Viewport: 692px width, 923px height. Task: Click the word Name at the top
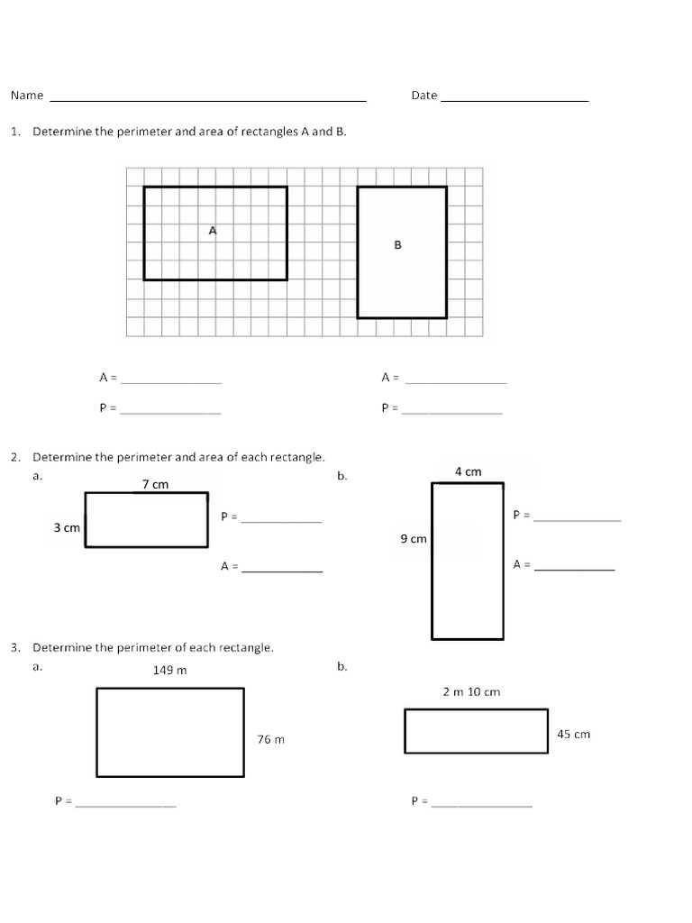click(27, 96)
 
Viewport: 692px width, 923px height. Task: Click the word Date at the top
click(423, 96)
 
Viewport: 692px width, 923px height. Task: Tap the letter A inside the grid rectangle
click(213, 231)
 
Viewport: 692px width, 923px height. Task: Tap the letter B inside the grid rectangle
click(397, 244)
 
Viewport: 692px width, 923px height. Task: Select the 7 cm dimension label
click(155, 485)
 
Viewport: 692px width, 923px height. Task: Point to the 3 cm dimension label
click(67, 528)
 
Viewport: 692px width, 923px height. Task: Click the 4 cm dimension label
click(468, 471)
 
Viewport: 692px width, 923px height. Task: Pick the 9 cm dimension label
click(414, 539)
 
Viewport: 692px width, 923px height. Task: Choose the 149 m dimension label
click(169, 671)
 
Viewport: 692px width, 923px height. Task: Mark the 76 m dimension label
click(270, 739)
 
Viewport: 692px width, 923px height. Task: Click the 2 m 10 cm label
click(471, 692)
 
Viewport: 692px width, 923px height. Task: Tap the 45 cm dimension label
click(573, 734)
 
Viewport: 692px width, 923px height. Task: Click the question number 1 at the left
click(14, 132)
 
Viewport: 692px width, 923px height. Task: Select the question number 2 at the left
click(14, 458)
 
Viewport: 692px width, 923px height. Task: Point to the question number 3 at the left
click(14, 648)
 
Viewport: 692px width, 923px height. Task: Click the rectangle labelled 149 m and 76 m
click(169, 732)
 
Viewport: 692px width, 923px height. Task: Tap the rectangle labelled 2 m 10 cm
click(476, 731)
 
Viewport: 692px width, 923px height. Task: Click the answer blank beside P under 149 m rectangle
click(126, 803)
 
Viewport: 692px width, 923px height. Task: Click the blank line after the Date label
click(514, 98)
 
